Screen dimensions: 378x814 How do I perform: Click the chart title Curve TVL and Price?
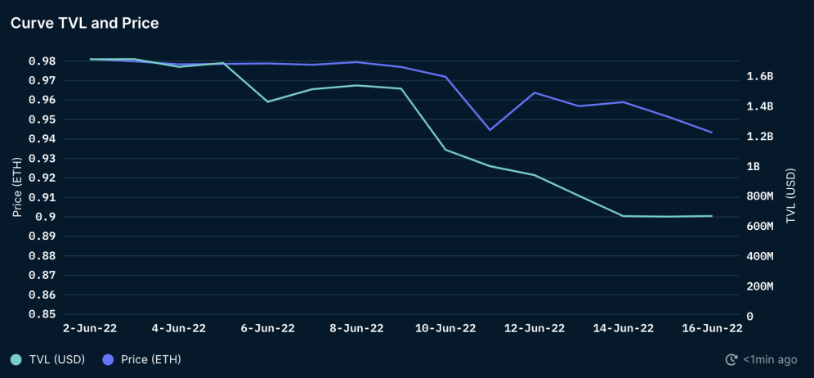(x=84, y=23)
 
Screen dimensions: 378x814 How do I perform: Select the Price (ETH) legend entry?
(x=142, y=359)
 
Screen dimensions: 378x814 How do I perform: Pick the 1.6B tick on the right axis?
(x=759, y=76)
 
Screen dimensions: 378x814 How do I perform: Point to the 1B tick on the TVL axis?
(x=753, y=166)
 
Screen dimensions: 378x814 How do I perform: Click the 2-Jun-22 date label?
(x=90, y=328)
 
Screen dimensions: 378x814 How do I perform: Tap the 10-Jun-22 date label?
(x=445, y=328)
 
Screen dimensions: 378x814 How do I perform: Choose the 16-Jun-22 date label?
(x=712, y=328)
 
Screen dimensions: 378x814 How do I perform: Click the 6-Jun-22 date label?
(x=267, y=328)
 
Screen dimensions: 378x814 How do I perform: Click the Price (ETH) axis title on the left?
(x=17, y=187)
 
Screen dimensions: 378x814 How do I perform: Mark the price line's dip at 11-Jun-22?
(x=490, y=130)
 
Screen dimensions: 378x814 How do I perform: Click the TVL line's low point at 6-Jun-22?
(x=267, y=101)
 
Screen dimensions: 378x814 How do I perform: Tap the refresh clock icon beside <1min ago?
(x=731, y=359)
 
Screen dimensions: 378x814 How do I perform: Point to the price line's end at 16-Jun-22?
(x=712, y=133)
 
